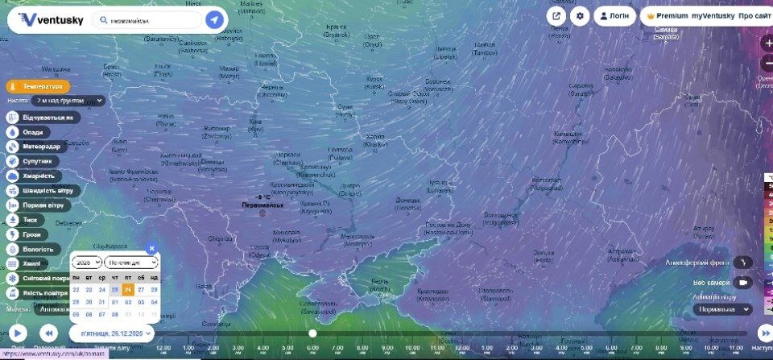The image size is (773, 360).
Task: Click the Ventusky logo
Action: coord(50,19)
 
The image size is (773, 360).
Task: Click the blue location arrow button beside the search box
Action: coord(214,19)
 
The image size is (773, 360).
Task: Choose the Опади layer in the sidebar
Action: coord(30,132)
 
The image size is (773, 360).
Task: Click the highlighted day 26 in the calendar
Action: coord(128,290)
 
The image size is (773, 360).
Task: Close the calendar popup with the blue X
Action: coord(151,249)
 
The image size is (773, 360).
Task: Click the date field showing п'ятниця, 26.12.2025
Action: coord(112,333)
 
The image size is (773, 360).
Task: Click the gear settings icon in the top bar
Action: coord(580,15)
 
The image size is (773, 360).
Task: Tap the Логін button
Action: coord(614,15)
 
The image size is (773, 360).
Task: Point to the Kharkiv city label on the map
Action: coord(374,139)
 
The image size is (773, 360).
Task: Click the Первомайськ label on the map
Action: coord(262,205)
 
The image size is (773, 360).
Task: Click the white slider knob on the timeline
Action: coord(312,333)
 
